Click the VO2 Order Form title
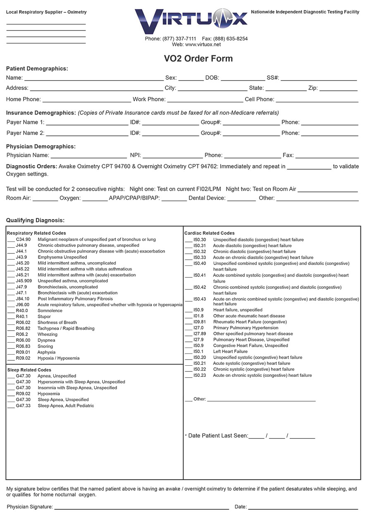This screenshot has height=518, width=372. click(198, 59)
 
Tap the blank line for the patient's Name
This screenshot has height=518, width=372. click(93, 78)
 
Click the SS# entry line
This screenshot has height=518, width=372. click(319, 78)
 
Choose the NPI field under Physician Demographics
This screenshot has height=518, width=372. click(172, 156)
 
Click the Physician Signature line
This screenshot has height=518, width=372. click(141, 507)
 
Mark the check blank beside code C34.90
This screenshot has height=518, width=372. click(11, 240)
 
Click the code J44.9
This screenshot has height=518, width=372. click(21, 245)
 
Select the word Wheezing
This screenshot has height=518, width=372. click(48, 334)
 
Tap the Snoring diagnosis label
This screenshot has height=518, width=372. click(45, 346)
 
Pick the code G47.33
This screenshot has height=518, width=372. click(23, 406)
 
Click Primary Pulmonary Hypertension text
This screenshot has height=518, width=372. click(246, 328)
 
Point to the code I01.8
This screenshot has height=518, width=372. click(198, 316)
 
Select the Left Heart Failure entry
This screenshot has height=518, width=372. click(230, 352)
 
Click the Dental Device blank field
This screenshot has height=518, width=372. click(241, 199)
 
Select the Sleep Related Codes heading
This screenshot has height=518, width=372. click(29, 370)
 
